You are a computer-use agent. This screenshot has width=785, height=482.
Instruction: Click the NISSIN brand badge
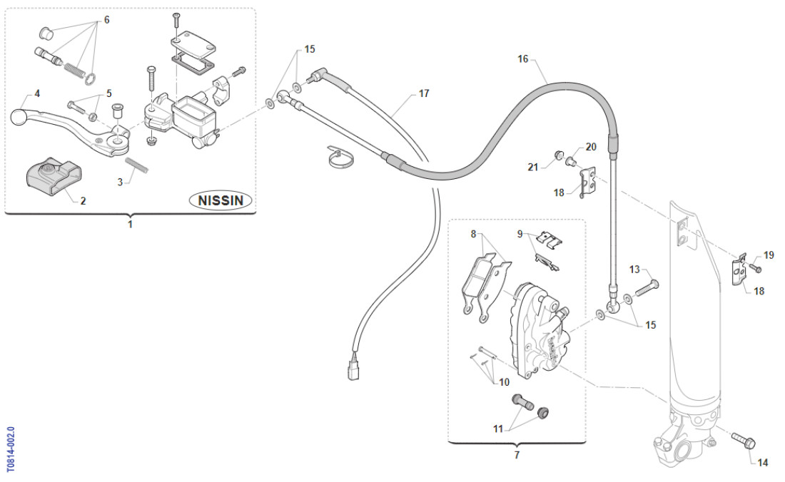tap(221, 200)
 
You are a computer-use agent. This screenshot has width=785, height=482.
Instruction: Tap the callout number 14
tap(763, 463)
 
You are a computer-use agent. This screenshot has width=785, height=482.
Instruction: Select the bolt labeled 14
tap(743, 441)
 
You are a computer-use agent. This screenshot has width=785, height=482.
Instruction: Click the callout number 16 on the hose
tap(523, 59)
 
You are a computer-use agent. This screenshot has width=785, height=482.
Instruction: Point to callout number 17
tap(424, 93)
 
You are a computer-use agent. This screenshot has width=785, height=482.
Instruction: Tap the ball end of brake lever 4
tap(19, 115)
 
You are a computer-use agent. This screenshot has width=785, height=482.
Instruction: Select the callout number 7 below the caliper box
tap(517, 454)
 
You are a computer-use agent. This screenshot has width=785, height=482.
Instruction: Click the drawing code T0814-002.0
tap(10, 450)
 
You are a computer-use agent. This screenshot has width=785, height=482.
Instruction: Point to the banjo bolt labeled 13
tap(644, 287)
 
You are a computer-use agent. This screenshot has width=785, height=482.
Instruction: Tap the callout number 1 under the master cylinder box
tap(130, 224)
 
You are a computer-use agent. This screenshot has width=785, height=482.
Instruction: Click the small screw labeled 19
tap(758, 269)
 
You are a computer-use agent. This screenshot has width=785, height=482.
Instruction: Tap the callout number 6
tap(107, 20)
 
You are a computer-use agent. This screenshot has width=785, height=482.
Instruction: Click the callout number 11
tap(497, 429)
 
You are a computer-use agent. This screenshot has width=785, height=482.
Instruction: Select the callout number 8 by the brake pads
tap(472, 233)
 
